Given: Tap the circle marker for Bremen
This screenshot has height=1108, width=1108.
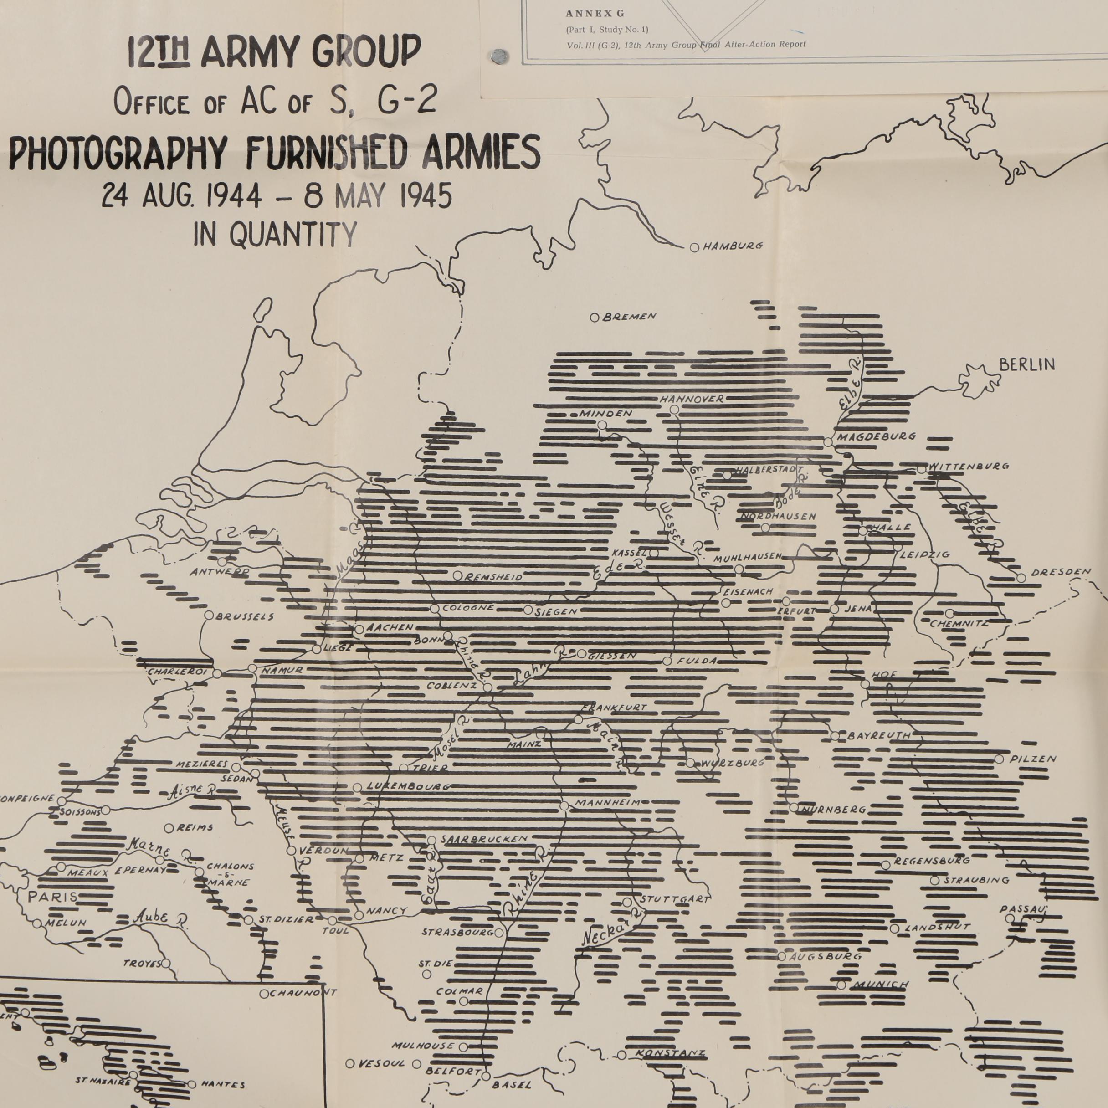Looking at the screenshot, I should (x=595, y=317).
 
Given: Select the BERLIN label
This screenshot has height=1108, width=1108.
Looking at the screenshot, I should (x=1026, y=365).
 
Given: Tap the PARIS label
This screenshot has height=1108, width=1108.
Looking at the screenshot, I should (x=53, y=897).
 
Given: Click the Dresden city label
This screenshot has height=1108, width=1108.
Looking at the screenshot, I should (x=1061, y=572).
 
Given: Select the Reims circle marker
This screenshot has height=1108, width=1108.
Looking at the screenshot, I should (x=169, y=828).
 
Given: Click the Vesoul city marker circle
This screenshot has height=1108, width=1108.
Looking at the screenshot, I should (x=350, y=1063).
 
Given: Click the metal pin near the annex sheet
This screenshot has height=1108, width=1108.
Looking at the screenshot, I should (x=498, y=56).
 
